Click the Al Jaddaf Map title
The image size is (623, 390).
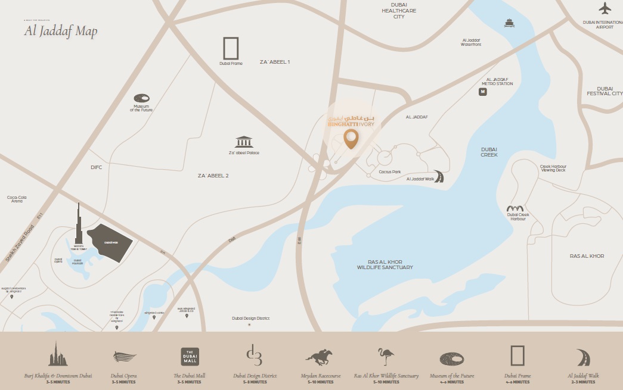(x=60, y=32)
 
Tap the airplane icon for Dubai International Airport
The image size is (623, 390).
(x=605, y=8)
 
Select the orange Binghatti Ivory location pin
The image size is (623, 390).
(x=351, y=139)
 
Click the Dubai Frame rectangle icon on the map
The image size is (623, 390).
(x=230, y=48)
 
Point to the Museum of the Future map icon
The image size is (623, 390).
(x=142, y=98)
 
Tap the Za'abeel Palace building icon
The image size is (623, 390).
(x=244, y=142)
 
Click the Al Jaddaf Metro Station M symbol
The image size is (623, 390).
(x=483, y=92)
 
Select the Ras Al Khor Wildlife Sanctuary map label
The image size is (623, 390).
(x=385, y=264)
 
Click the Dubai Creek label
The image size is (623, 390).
(x=489, y=152)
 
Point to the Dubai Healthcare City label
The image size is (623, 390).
(x=399, y=10)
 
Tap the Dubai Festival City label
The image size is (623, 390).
(x=604, y=91)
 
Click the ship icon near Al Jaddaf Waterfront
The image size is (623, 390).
(x=509, y=23)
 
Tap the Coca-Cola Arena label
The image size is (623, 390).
(x=17, y=199)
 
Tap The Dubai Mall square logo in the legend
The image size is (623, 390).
(x=190, y=357)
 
